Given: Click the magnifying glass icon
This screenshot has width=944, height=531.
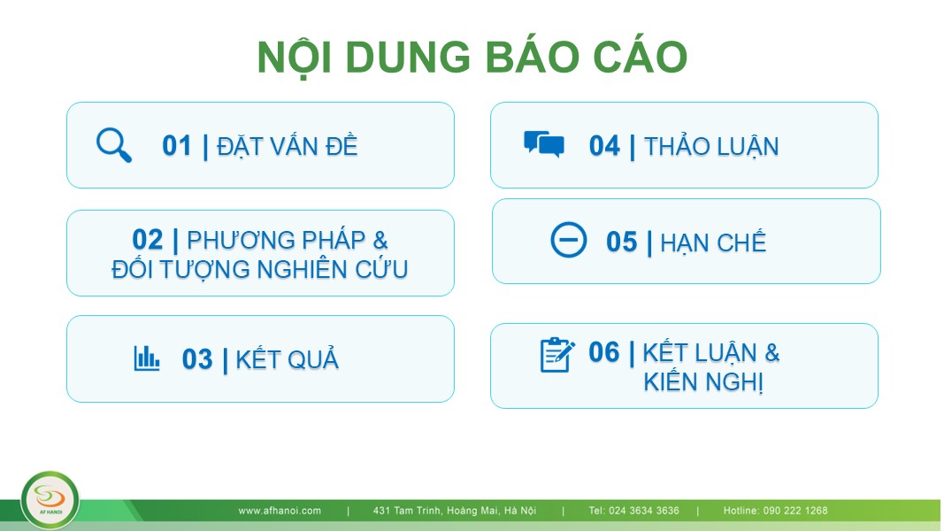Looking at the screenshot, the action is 114,145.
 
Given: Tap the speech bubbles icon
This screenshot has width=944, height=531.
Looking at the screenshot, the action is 543,144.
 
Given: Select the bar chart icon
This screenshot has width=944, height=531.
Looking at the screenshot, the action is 146,358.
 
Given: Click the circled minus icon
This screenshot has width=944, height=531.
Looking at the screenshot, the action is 568,240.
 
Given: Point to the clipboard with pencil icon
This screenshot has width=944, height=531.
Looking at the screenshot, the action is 557,355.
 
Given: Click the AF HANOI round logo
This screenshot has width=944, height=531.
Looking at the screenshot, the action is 50,500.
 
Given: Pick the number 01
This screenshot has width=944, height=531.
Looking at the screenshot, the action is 176,146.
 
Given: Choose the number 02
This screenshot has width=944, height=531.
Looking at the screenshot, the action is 148,240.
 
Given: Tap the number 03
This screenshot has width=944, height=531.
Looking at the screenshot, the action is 197,359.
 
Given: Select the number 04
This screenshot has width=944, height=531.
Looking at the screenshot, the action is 604,146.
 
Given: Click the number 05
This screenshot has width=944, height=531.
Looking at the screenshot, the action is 621,242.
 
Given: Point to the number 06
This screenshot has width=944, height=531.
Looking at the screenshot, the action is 604,352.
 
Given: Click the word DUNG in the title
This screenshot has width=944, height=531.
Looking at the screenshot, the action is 408,58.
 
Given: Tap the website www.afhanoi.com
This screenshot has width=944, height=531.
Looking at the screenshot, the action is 280,511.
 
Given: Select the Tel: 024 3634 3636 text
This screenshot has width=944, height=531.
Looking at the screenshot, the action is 634,511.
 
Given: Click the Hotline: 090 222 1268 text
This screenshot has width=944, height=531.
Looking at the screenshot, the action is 775,511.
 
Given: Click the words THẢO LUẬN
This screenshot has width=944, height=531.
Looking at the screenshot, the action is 711,146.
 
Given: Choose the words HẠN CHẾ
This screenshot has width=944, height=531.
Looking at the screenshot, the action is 713,242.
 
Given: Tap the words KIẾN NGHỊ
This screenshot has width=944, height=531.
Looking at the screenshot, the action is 703,381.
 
